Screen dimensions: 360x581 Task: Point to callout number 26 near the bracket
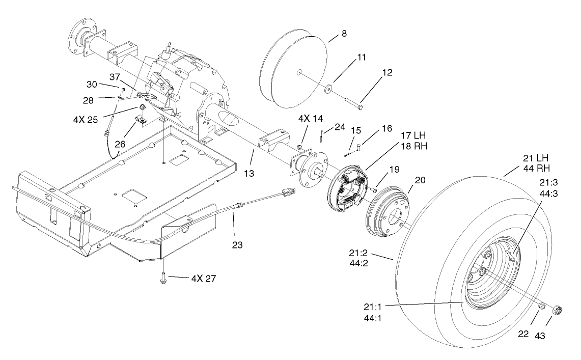click(120, 144)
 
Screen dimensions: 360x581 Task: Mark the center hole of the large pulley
click(299, 72)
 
